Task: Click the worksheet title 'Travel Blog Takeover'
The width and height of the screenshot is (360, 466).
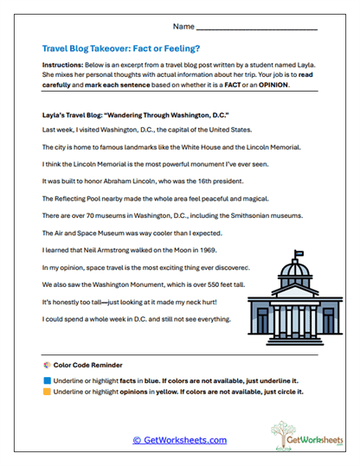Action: [x=95, y=49]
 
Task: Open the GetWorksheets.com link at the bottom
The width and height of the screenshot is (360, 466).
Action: [x=179, y=439]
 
